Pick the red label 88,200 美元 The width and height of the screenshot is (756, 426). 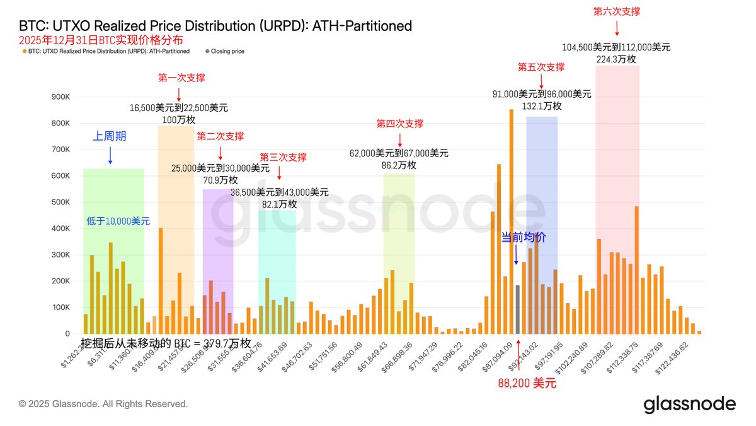pyautogui.click(x=527, y=383)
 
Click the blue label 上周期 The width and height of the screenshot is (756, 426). pyautogui.click(x=110, y=136)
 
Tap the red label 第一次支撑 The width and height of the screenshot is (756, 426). pyautogui.click(x=181, y=78)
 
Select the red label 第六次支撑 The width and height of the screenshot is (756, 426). pyautogui.click(x=617, y=11)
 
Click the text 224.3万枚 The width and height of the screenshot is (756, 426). pyautogui.click(x=616, y=59)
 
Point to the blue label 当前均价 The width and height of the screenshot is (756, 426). pyautogui.click(x=523, y=237)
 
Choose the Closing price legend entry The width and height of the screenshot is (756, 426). pyautogui.click(x=227, y=51)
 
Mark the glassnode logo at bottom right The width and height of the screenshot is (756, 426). pyautogui.click(x=689, y=405)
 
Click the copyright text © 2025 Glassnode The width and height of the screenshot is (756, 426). pyautogui.click(x=103, y=403)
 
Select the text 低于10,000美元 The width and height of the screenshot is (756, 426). pyautogui.click(x=118, y=221)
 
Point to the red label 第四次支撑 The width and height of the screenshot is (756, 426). pyautogui.click(x=399, y=124)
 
